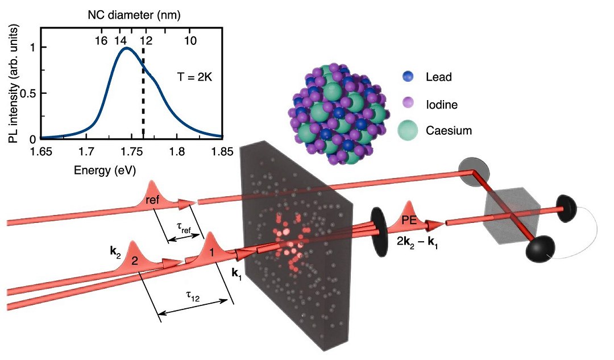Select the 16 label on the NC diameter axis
pyautogui.click(x=101, y=41)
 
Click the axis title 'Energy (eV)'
pyautogui.click(x=105, y=170)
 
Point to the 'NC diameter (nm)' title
pyautogui.click(x=134, y=15)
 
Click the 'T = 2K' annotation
pyautogui.click(x=194, y=77)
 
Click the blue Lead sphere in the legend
pyautogui.click(x=408, y=76)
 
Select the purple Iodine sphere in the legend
pyautogui.click(x=408, y=104)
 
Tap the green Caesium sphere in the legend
pyautogui.click(x=408, y=130)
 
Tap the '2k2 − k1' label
pyautogui.click(x=417, y=242)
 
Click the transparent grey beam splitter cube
pyautogui.click(x=512, y=216)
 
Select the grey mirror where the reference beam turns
pyautogui.click(x=474, y=173)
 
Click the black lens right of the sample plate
pyautogui.click(x=379, y=232)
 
